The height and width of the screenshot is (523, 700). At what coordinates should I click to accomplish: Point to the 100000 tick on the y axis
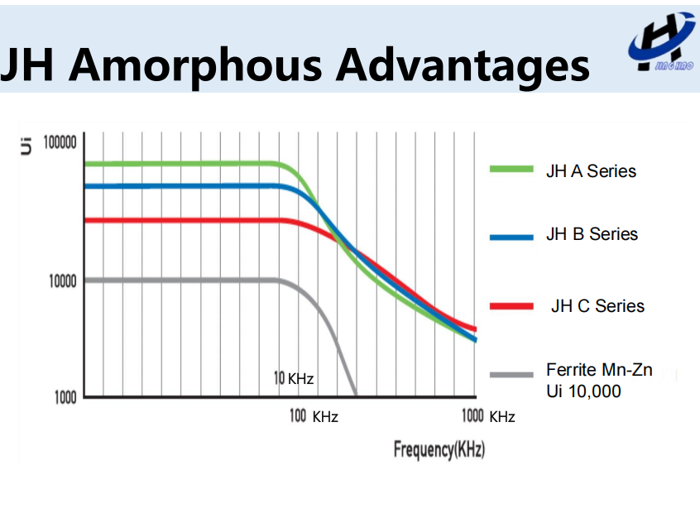click(60, 142)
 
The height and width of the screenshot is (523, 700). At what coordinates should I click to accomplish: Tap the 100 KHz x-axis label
click(314, 416)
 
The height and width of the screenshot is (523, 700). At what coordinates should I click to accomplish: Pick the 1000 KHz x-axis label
click(488, 416)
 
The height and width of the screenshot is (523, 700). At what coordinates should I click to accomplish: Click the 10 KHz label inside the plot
click(294, 379)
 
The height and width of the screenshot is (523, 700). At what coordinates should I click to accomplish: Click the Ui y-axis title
click(26, 146)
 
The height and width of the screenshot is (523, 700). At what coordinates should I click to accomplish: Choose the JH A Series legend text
click(591, 171)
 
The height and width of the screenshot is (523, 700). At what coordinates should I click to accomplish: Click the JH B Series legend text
click(592, 234)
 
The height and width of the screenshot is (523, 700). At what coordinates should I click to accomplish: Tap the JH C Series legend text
click(597, 306)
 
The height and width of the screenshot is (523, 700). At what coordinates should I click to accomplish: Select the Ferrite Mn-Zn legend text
click(599, 370)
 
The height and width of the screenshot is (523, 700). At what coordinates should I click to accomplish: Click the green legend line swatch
click(511, 170)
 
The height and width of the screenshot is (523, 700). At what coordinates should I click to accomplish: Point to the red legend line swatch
click(511, 306)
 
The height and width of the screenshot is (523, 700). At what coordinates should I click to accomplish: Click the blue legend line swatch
click(511, 237)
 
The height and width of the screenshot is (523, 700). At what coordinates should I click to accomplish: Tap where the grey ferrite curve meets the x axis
click(356, 395)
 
